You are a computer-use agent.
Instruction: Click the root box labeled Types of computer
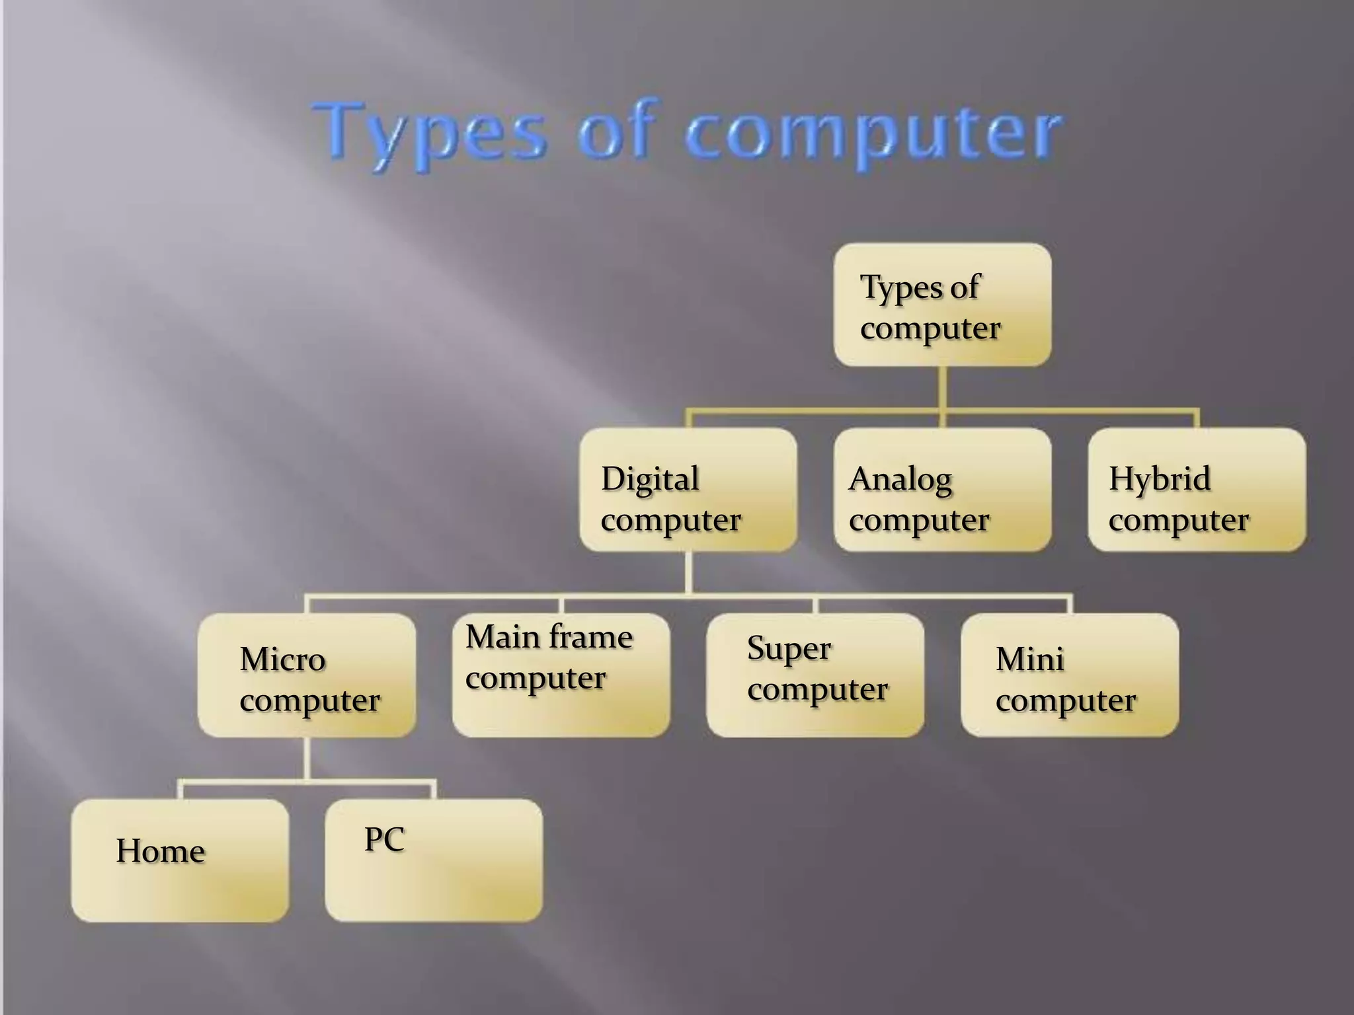(942, 305)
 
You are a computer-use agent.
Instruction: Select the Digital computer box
(688, 490)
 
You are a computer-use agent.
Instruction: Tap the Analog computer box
(942, 490)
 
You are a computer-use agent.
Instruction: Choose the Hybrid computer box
(1197, 490)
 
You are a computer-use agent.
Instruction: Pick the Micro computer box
(307, 675)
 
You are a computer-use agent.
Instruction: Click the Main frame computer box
(561, 675)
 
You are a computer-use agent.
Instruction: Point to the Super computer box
(815, 675)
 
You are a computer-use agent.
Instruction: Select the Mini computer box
(1069, 675)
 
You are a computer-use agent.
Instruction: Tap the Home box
(180, 860)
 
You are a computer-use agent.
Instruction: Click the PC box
(434, 860)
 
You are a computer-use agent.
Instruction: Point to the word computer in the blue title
(873, 135)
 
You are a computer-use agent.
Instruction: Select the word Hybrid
(1160, 479)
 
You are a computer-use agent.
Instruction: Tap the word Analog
(900, 480)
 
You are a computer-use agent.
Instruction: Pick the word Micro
(282, 659)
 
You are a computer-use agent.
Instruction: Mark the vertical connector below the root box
(942, 389)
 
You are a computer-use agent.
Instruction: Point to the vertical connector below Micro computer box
(307, 759)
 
